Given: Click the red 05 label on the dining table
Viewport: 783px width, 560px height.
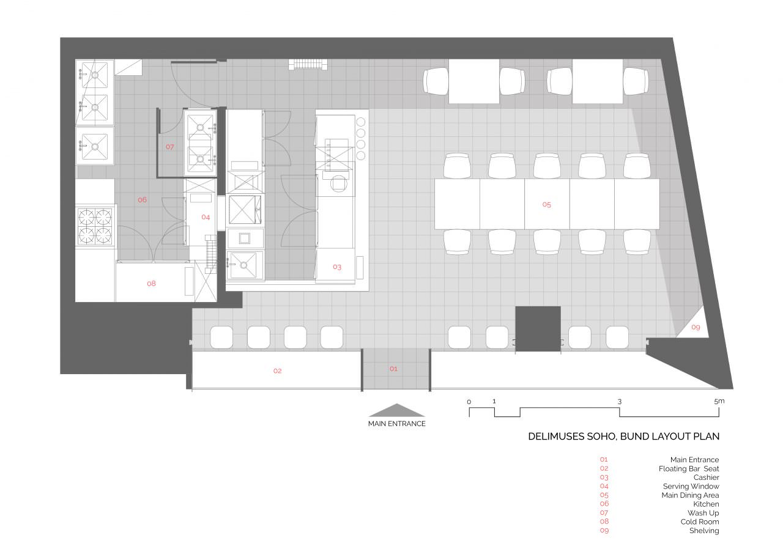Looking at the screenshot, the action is pos(547,205).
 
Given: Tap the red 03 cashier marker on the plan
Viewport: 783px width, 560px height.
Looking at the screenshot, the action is pos(337,267).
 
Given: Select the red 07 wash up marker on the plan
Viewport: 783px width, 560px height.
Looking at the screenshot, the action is pos(170,147).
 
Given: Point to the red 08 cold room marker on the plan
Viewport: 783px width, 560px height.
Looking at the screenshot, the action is pos(151,284).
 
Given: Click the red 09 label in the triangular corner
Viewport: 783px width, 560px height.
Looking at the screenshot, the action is pos(696,327).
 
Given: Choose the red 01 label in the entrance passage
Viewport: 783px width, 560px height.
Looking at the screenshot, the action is pos(393,369).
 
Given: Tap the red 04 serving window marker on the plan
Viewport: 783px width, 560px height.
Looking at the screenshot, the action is pos(206,217).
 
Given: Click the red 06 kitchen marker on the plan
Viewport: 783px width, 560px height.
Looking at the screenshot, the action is pos(143,200).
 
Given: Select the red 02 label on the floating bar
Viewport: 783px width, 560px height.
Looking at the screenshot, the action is pos(278,371).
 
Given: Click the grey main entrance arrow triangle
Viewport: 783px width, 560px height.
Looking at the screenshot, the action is pos(397,411).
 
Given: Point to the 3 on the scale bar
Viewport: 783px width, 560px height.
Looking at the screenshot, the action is pos(620,402).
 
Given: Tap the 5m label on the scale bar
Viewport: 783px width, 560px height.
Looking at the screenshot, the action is pos(719,402).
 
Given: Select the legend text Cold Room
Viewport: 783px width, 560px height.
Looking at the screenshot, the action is pos(699,522).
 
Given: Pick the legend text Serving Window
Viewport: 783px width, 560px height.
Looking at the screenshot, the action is pos(691,486).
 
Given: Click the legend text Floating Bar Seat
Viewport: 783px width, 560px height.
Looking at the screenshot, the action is pos(689,469).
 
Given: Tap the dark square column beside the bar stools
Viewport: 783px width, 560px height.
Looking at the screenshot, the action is pos(538,329).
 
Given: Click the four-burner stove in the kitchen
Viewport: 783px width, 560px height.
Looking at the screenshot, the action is pos(95,226).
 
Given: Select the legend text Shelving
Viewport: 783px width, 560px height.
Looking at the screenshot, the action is pos(704,531).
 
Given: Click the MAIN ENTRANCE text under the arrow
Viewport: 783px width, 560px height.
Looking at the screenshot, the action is pos(397,424).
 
